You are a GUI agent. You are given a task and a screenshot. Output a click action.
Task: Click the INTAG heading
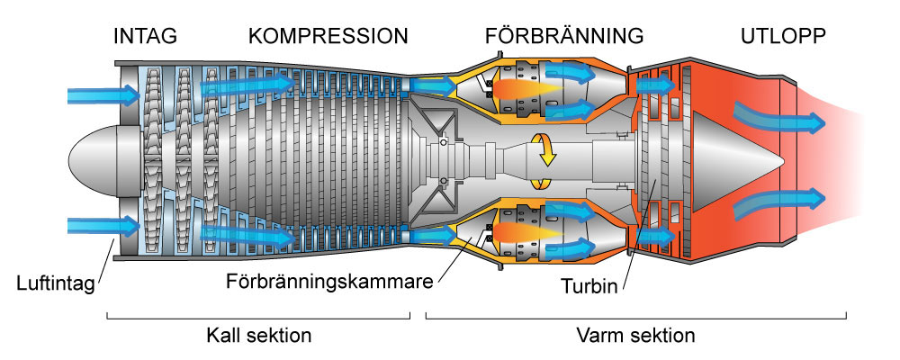[x=145, y=37]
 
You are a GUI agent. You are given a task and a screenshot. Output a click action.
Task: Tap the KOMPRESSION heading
[x=328, y=37]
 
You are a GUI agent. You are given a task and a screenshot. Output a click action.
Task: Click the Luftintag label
[x=54, y=287]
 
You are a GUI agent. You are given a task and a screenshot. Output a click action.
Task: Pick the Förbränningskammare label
[x=329, y=280]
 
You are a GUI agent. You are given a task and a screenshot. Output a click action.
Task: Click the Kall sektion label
[x=259, y=337]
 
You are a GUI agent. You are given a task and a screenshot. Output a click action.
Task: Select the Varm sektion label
[x=635, y=337]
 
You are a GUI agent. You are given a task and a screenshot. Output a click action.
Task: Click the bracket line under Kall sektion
[x=259, y=318]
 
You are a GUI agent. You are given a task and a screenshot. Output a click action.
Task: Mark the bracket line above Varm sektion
[x=635, y=318]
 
